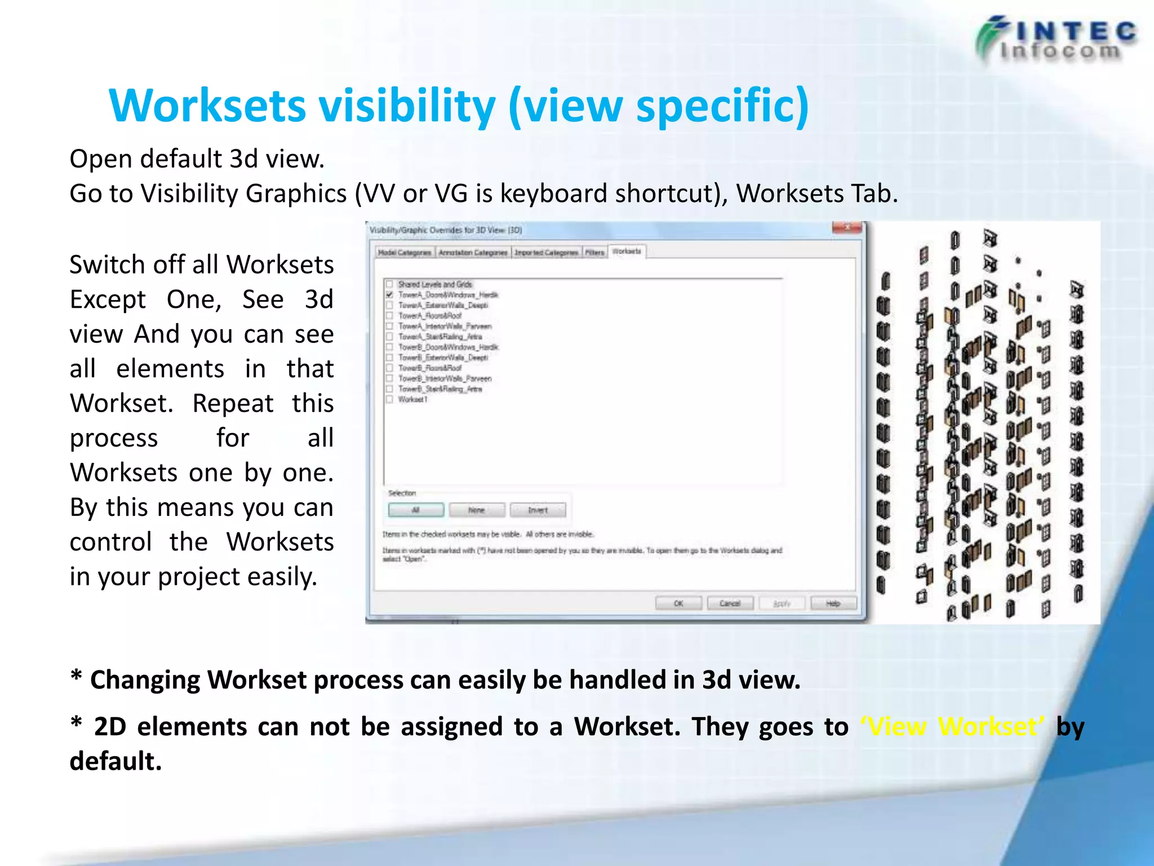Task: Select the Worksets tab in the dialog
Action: pos(627,251)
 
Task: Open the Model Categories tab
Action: pos(405,253)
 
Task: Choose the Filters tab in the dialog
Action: pos(594,253)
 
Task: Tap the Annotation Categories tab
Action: pos(473,253)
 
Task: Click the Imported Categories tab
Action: pos(546,253)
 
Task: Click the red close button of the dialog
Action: pos(847,228)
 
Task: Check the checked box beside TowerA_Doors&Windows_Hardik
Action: pos(389,295)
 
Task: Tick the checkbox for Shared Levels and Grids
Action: pos(389,284)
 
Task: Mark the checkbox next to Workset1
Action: pos(389,399)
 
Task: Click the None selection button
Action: pos(476,510)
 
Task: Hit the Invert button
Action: pos(538,510)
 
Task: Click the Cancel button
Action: pos(730,603)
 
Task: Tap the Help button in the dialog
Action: pos(833,603)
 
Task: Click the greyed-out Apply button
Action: pos(782,603)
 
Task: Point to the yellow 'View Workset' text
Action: pos(952,727)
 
